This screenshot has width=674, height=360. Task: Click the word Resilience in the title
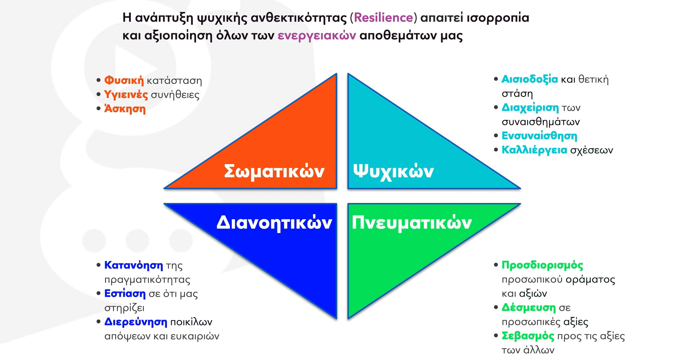coord(383,18)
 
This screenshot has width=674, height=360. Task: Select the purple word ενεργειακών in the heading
coord(317,36)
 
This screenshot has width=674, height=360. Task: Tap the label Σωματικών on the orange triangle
coord(274,172)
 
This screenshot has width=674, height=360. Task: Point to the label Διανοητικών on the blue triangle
coord(274,223)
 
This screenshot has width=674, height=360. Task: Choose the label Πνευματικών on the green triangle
coord(411,223)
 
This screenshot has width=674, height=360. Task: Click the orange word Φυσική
coord(124,81)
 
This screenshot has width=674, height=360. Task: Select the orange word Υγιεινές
coord(126,95)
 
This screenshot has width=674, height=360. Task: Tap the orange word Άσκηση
coord(125,109)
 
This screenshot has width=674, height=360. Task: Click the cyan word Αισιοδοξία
coord(530,79)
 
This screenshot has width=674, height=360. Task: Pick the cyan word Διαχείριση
coord(530,108)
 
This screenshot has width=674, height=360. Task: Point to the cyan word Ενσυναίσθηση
coord(539,136)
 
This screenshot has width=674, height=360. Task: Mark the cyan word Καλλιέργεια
coord(534,150)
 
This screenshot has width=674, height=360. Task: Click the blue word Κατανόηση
coord(133,265)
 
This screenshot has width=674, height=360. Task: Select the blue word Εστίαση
coord(125,294)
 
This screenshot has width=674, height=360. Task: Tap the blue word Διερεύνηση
coord(136,322)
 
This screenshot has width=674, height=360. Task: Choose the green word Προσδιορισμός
coord(542,265)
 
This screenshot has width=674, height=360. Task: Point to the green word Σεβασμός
coord(528,336)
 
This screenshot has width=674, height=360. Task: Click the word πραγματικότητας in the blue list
coord(147,280)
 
